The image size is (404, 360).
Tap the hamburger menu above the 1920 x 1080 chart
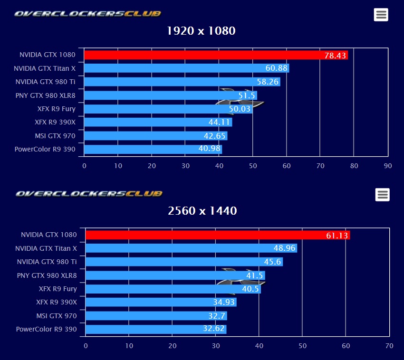point(381,15)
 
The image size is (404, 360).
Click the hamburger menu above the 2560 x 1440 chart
point(382,194)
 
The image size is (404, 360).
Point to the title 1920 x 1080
point(202,31)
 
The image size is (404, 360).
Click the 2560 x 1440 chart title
point(202,211)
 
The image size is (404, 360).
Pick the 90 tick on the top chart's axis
point(388,166)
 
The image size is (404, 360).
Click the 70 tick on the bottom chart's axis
point(389,346)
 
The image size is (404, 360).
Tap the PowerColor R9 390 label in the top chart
point(45,150)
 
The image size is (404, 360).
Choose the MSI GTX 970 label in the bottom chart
point(57,316)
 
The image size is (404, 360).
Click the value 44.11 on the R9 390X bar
point(219,123)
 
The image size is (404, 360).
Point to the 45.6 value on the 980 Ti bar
point(273,262)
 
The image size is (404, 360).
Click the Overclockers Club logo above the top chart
point(87,14)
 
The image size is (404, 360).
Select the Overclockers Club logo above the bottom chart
point(89,194)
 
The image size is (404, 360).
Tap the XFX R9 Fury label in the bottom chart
point(58,289)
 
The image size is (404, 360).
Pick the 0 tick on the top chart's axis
point(85,166)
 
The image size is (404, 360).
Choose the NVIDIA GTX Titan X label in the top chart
point(45,68)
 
